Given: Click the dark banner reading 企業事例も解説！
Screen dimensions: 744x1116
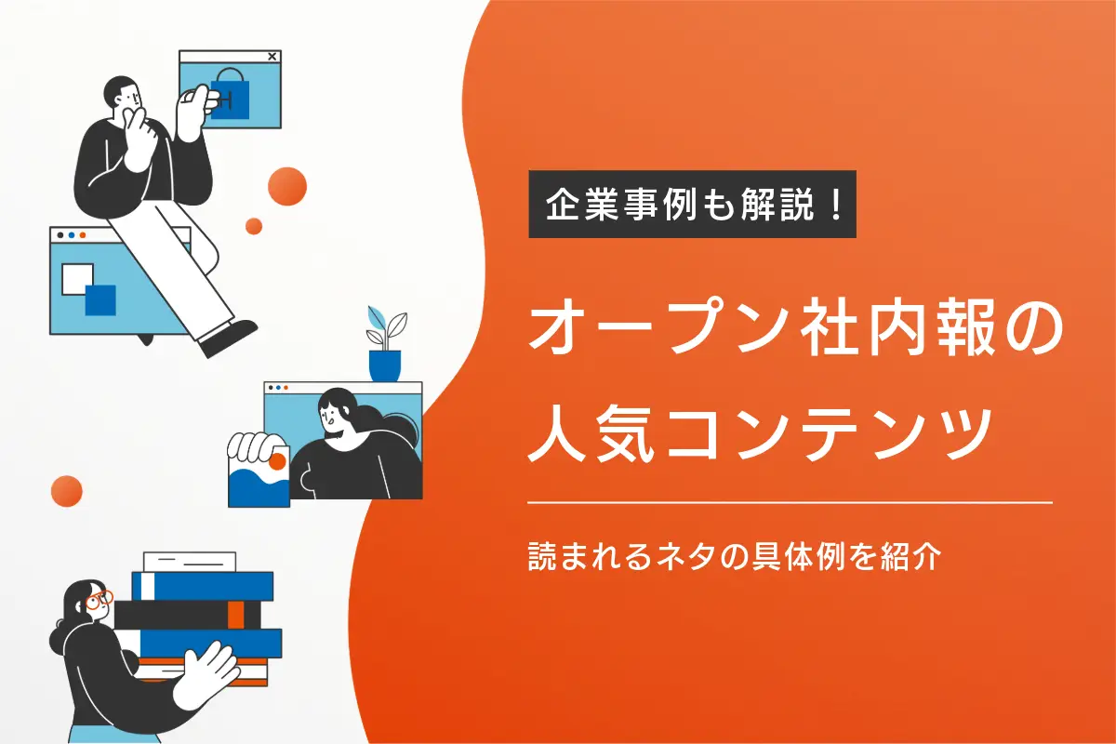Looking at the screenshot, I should coord(692,205).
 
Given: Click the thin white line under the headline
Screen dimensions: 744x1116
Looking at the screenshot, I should coord(790,502).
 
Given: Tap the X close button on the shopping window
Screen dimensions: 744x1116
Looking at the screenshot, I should coord(272,57).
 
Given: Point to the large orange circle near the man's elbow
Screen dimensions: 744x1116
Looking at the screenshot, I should coord(287,186).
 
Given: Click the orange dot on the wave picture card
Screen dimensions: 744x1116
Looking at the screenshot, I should coord(276,461).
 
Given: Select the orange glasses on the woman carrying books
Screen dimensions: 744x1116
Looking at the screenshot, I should coord(99,600).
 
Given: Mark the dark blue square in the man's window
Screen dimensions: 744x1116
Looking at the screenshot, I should coord(100,300).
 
